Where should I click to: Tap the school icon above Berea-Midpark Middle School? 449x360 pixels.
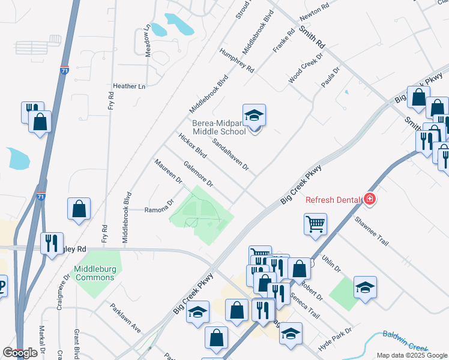pyautogui.click(x=254, y=115)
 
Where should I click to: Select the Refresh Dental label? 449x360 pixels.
pyautogui.click(x=333, y=200)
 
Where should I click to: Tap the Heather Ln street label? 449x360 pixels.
pyautogui.click(x=129, y=86)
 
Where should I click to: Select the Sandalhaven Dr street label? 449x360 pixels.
pyautogui.click(x=231, y=154)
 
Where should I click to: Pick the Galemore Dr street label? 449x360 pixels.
pyautogui.click(x=199, y=175)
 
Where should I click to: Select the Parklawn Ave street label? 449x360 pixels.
pyautogui.click(x=125, y=318)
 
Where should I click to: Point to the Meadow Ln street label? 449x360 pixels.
pyautogui.click(x=148, y=41)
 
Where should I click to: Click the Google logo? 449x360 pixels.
pyautogui.click(x=20, y=353)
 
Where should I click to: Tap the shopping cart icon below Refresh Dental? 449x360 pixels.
pyautogui.click(x=315, y=224)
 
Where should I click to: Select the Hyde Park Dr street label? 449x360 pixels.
pyautogui.click(x=335, y=337)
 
